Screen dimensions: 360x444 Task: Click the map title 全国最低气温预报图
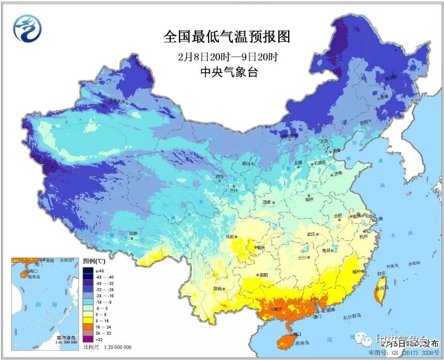[x=227, y=37]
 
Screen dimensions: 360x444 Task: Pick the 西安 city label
[x=267, y=202]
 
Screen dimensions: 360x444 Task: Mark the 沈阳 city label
[x=364, y=122]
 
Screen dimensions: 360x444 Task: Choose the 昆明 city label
[x=219, y=287]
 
